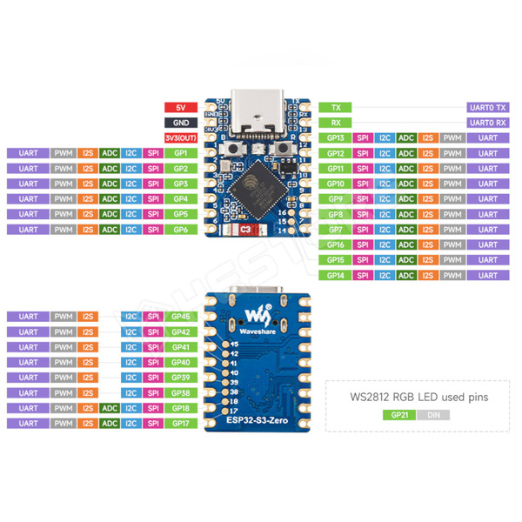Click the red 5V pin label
tap(180, 107)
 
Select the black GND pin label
tap(180, 123)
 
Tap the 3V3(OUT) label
tap(180, 137)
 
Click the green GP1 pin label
tap(180, 153)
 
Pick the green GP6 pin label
tap(180, 230)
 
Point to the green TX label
tap(335, 107)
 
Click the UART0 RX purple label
tap(488, 123)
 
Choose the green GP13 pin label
tap(335, 137)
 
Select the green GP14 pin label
tap(335, 275)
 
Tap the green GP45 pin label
tap(180, 317)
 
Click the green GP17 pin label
tap(180, 423)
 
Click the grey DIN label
tap(432, 416)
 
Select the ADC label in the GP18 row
tap(110, 408)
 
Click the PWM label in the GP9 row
tap(451, 199)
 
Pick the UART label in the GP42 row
tap(28, 332)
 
